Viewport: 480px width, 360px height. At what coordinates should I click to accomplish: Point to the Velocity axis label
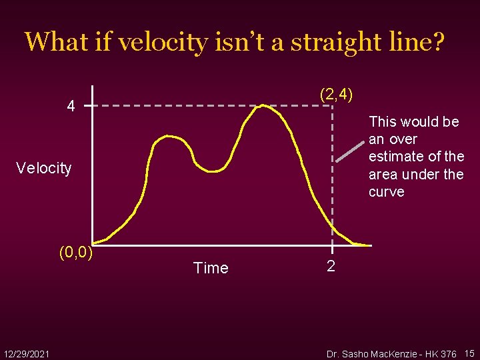44,168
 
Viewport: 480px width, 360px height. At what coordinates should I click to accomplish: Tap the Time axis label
210,268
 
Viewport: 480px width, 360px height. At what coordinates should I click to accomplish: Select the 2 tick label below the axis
331,267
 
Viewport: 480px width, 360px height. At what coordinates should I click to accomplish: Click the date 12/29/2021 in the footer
26,353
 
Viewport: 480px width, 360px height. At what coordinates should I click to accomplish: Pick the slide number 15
469,353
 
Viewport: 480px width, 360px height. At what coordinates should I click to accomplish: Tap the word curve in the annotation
386,192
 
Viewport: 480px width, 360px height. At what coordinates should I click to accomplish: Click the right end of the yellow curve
369,245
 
